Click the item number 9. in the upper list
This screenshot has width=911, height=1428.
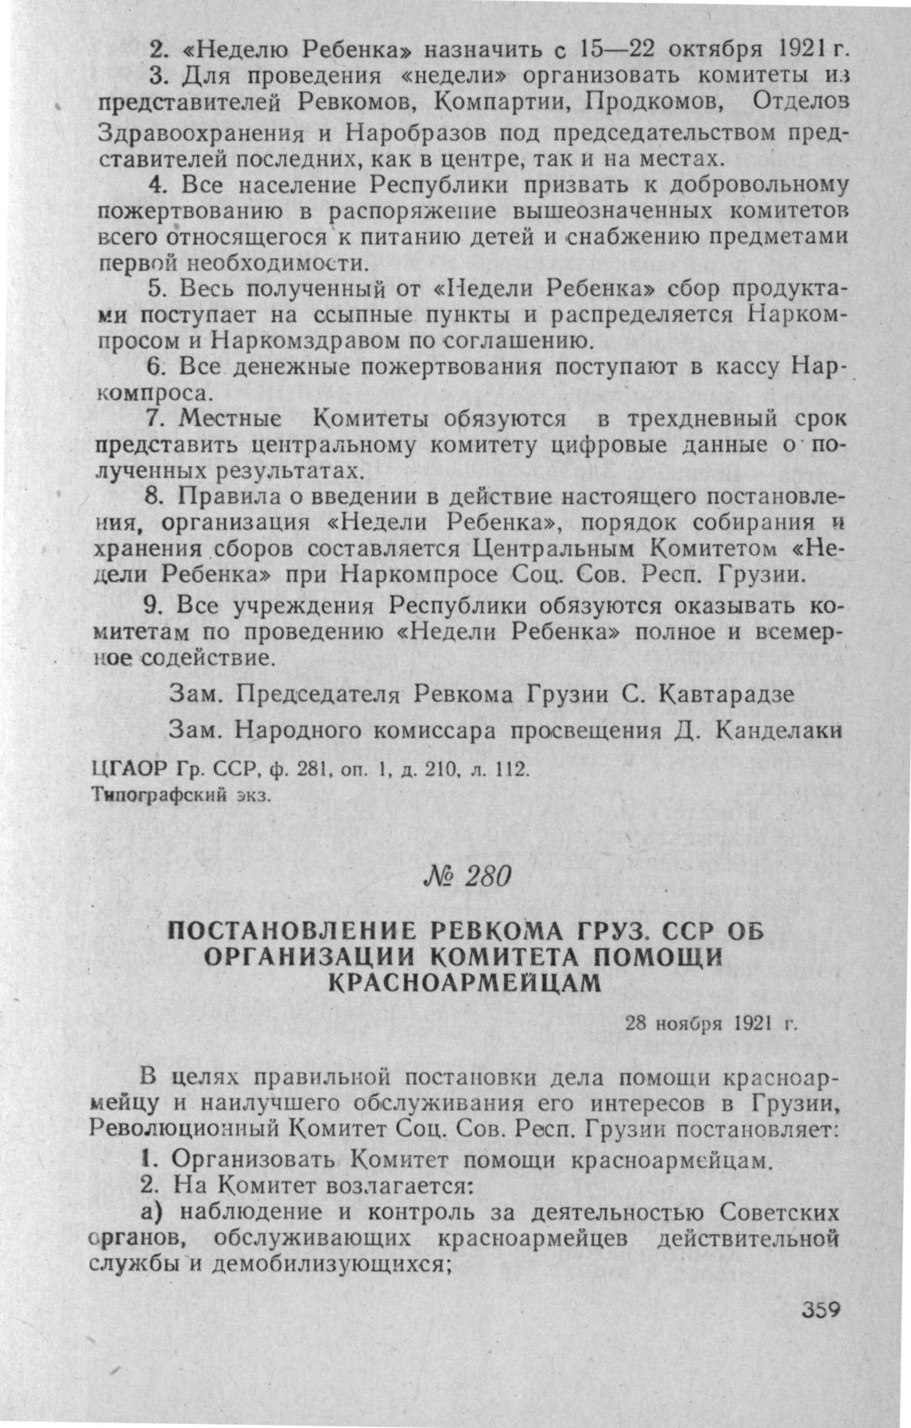tap(156, 606)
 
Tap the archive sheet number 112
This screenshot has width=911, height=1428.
tap(507, 770)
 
